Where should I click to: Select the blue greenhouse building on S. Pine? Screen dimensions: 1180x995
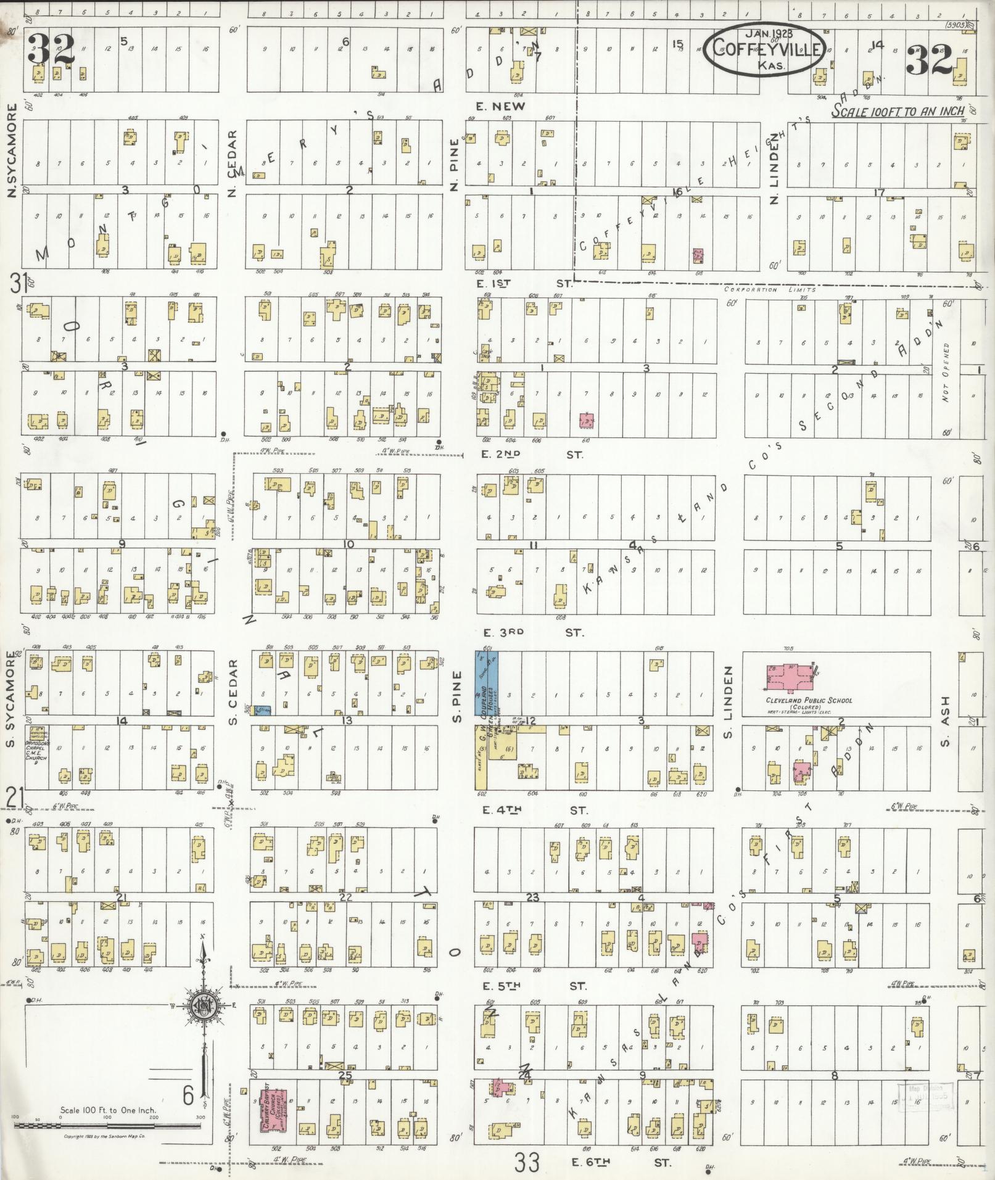click(x=486, y=684)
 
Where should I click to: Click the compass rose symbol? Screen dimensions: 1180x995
click(x=202, y=1006)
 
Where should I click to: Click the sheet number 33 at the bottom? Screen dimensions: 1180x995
click(x=528, y=1163)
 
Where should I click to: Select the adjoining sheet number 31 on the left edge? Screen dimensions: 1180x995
click(x=17, y=284)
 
